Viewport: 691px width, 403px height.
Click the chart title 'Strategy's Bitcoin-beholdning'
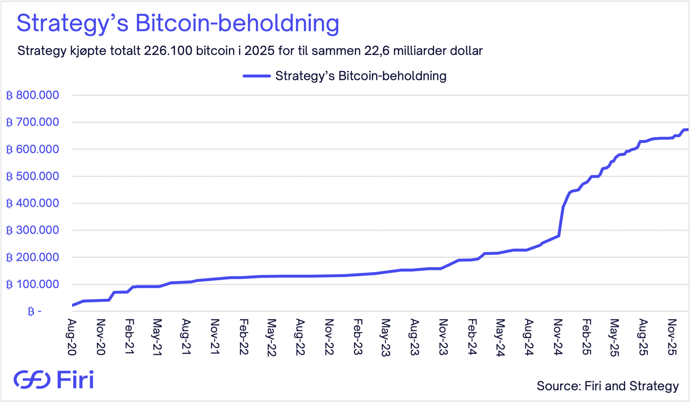click(178, 23)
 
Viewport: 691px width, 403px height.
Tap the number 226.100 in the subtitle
click(168, 51)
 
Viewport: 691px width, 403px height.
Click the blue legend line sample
click(257, 76)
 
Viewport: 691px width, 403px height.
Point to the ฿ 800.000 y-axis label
click(32, 95)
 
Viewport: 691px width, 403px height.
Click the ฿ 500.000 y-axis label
click(32, 176)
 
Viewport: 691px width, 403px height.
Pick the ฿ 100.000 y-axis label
click(32, 285)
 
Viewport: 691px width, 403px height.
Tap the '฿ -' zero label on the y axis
click(35, 312)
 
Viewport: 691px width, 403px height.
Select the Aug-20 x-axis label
click(72, 337)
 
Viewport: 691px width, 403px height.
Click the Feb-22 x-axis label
click(244, 337)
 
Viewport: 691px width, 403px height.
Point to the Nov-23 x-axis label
click(443, 337)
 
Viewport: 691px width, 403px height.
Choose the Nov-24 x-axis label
click(557, 337)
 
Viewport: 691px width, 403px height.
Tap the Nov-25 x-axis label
click(672, 337)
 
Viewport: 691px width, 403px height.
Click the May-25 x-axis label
click(614, 338)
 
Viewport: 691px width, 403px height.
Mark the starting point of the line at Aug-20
click(73, 305)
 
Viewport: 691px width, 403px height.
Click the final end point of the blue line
click(687, 130)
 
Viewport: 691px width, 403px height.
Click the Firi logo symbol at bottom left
click(32, 379)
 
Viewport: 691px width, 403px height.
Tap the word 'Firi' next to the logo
click(76, 379)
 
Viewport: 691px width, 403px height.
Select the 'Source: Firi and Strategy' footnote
click(608, 386)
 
